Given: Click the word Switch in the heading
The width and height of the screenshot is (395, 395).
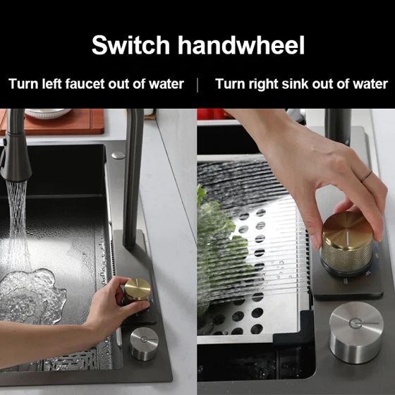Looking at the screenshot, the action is pyautogui.click(x=130, y=45).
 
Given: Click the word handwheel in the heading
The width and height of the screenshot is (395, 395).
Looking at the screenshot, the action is pyautogui.click(x=241, y=45).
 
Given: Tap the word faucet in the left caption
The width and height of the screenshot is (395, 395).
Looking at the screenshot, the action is pyautogui.click(x=85, y=84).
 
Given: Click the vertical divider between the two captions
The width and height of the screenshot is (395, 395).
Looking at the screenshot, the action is pyautogui.click(x=197, y=85).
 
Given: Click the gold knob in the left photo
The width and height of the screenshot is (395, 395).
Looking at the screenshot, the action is pyautogui.click(x=138, y=291).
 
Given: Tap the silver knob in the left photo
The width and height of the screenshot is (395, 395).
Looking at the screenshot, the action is pyautogui.click(x=145, y=344).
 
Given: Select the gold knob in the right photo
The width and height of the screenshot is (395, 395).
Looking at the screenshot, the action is pyautogui.click(x=347, y=243).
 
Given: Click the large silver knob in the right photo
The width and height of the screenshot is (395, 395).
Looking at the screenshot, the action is pyautogui.click(x=356, y=332).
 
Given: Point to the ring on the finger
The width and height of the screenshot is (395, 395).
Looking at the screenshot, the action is pyautogui.click(x=366, y=176).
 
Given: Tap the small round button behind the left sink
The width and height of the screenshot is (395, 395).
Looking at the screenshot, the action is pyautogui.click(x=119, y=155).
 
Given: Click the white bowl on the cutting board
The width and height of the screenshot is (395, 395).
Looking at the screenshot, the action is pyautogui.click(x=48, y=113).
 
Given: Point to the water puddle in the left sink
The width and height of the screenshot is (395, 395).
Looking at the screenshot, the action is pyautogui.click(x=32, y=295).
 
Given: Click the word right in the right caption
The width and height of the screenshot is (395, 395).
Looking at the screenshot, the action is pyautogui.click(x=264, y=85).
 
